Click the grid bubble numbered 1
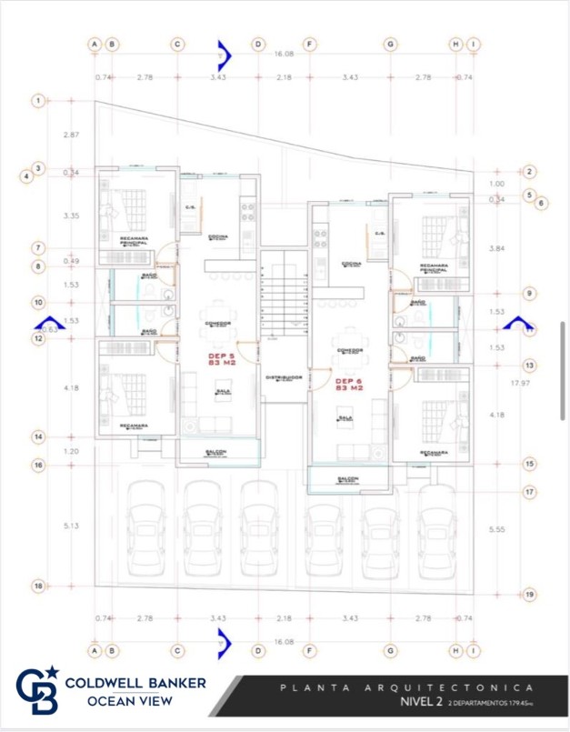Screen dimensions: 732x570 coord(38,101)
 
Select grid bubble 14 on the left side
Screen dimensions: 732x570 coord(38,437)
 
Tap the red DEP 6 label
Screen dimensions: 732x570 coord(350,385)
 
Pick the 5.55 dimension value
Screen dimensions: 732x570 coord(496,529)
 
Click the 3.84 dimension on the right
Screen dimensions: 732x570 coord(496,248)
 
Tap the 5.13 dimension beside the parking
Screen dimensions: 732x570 coord(71,525)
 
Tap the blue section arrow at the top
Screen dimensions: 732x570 coord(224,55)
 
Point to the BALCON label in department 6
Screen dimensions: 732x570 coord(347,478)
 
